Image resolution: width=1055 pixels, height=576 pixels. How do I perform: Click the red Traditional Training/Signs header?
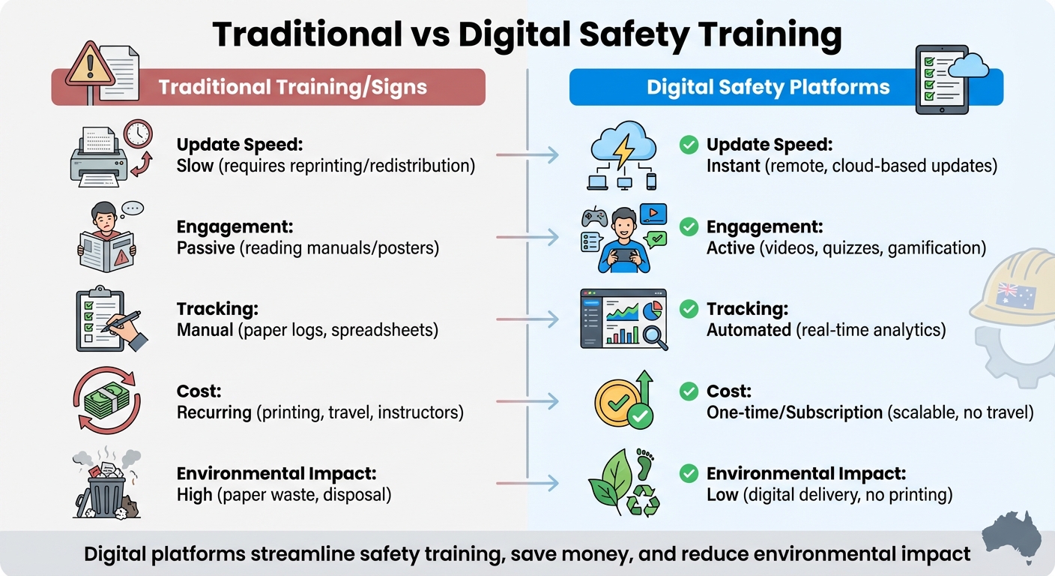coord(292,87)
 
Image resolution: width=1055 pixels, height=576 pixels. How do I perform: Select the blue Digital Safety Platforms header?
coord(768,87)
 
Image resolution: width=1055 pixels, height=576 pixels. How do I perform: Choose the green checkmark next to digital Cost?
coord(689,391)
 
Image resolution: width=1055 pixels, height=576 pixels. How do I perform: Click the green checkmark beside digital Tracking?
coord(689,309)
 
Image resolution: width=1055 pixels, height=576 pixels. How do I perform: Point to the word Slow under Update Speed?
coord(195,166)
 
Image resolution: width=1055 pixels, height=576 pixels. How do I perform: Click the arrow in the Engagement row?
coord(527,238)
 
